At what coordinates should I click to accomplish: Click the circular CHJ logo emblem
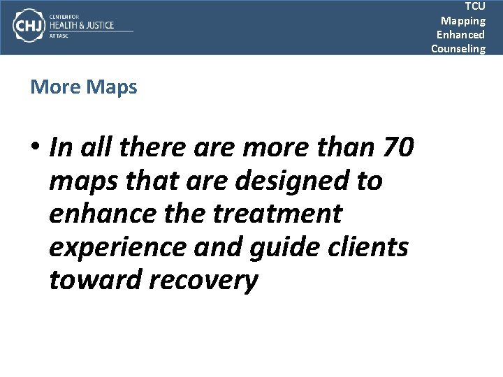27,26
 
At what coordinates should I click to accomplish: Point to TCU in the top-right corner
475,6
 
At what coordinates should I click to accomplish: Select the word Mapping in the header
462,20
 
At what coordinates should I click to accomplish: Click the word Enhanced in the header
460,34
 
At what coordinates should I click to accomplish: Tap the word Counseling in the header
458,48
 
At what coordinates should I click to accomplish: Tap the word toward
96,280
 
